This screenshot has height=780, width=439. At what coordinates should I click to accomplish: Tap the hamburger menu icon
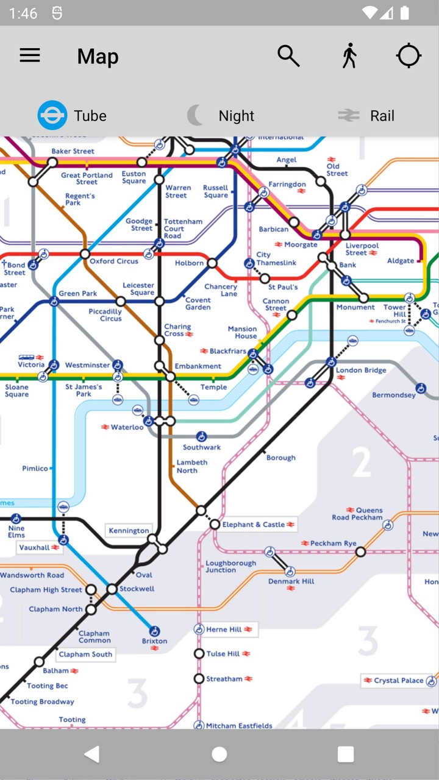coord(30,56)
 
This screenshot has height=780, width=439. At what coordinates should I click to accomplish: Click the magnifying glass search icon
coord(288,56)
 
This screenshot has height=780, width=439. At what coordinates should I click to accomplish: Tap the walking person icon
coord(349,56)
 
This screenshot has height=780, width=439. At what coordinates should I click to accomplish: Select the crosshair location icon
coord(409,56)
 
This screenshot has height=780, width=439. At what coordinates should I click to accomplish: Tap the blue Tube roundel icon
coord(52,115)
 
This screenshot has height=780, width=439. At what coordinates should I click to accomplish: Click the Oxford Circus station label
coord(114,261)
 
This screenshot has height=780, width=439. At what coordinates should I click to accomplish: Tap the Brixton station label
coord(154,641)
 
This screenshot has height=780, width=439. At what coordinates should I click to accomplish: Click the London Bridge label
coord(361,370)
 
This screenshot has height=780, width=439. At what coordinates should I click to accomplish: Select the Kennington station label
coord(129,531)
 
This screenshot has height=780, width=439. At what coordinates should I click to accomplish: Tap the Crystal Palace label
coord(399,681)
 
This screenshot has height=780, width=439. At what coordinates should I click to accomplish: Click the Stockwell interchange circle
coord(112,589)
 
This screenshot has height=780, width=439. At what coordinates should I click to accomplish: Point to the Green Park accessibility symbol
coord(54,301)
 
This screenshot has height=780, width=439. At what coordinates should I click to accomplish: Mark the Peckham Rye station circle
coord(360,552)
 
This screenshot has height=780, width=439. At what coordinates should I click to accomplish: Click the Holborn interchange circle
coord(212,263)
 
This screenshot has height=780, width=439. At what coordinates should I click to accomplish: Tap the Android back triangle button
coord(92,754)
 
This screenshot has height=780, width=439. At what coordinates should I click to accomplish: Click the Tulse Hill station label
coord(223,654)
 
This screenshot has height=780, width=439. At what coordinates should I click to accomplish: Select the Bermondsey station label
coord(394,395)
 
